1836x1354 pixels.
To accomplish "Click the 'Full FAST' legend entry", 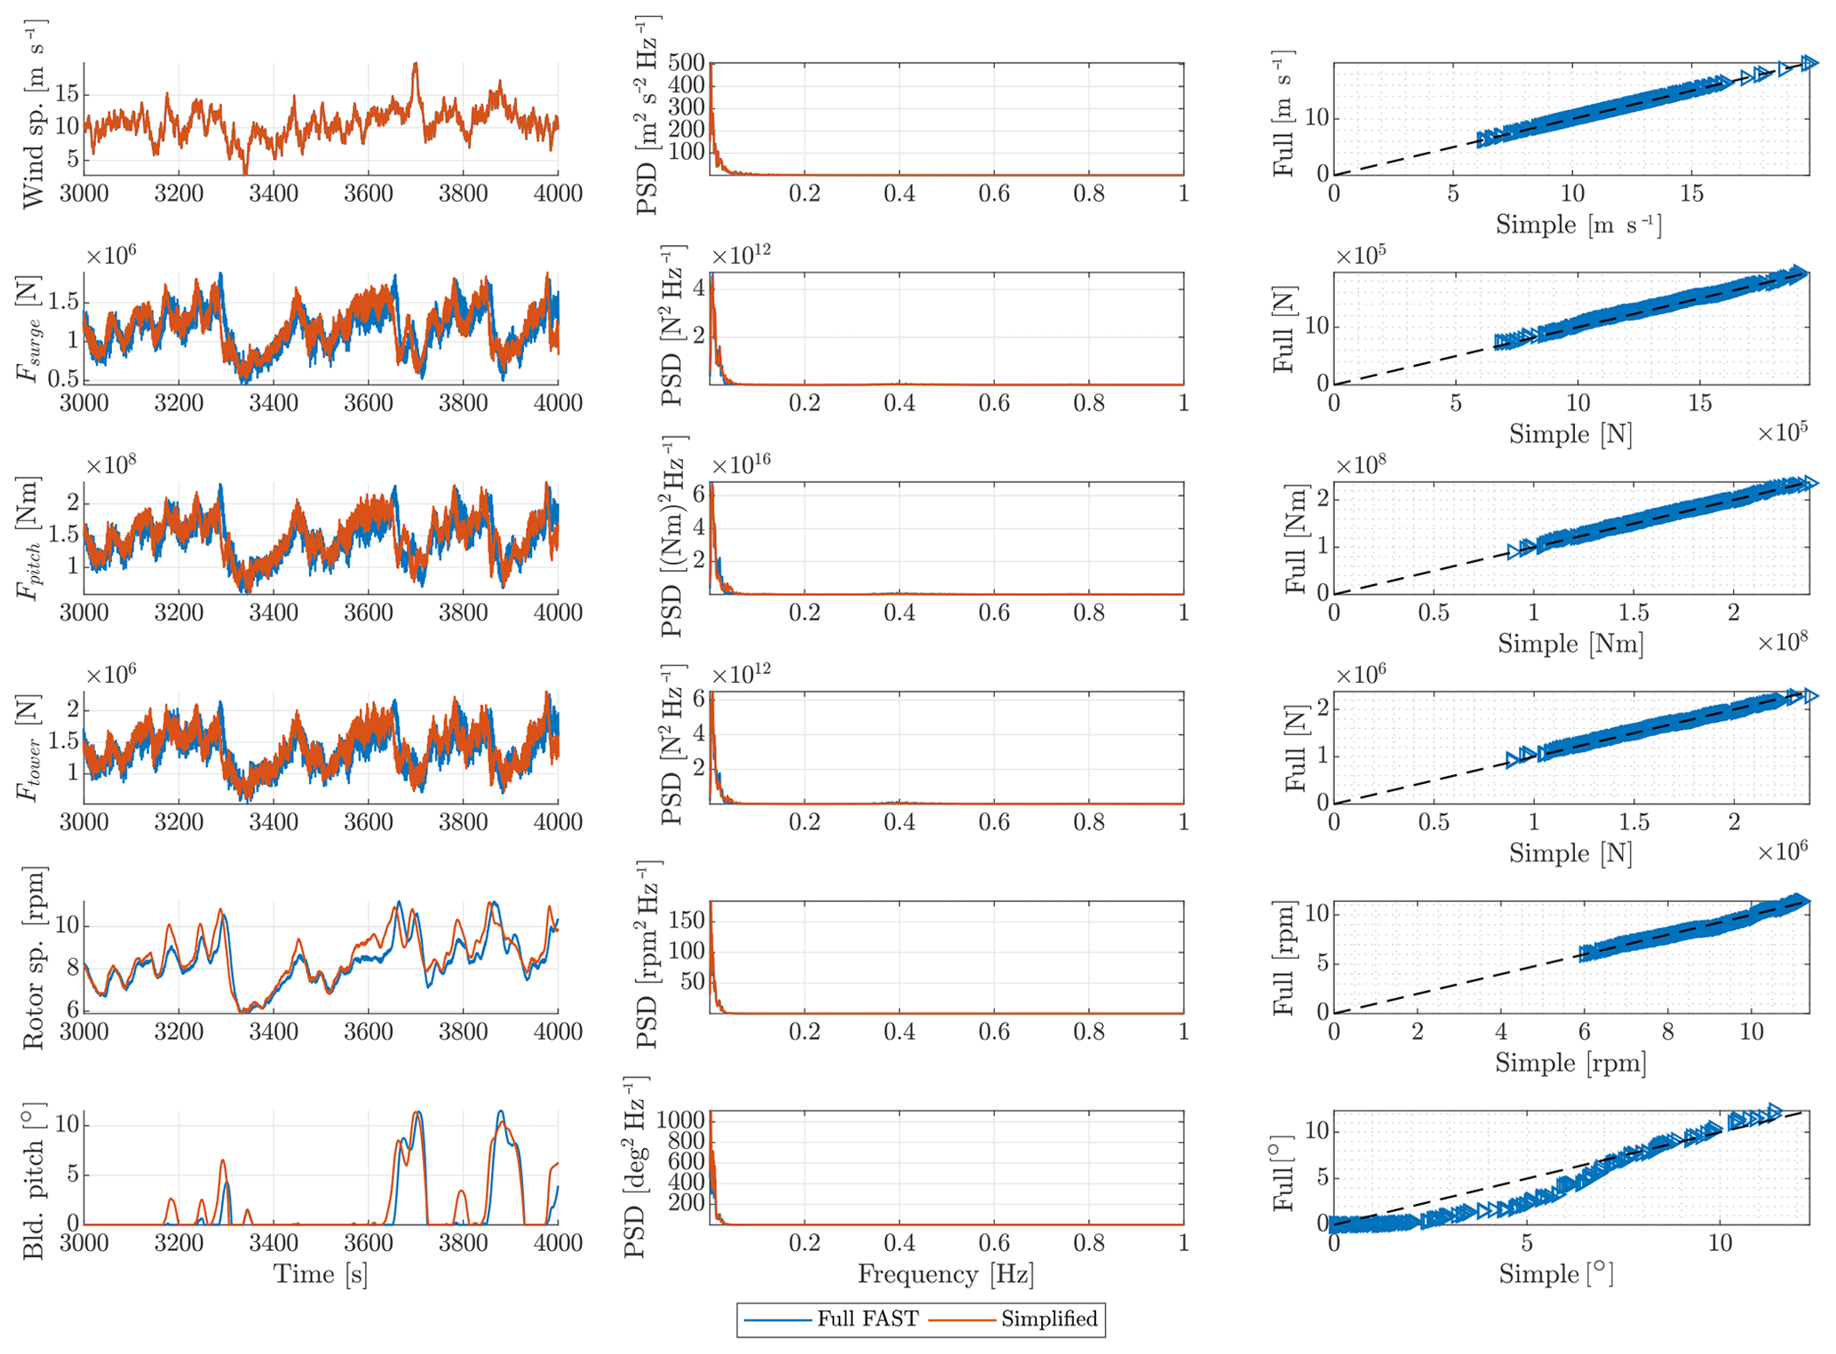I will tap(867, 1319).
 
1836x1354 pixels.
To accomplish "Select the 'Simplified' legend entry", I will tap(1049, 1319).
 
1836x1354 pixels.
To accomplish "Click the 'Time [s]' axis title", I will tap(320, 1275).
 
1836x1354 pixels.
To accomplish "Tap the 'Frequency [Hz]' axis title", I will tap(945, 1275).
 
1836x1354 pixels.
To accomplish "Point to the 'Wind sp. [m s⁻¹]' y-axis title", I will tap(34, 115).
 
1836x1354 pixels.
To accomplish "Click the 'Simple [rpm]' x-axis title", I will tap(1570, 1063).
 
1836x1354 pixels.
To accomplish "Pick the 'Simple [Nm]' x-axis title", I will tap(1570, 644).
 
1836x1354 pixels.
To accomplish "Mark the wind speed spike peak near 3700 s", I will tap(415, 65).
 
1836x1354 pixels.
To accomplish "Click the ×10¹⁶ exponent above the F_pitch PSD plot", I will tap(741, 464).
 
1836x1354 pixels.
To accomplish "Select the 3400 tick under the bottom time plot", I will tap(273, 1242).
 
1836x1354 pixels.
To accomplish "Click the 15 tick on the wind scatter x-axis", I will tap(1691, 194).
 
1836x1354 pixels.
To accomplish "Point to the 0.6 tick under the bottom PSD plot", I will tap(994, 1242).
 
